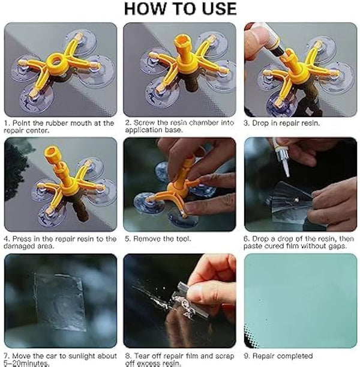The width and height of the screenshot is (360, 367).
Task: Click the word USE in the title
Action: tap(219, 8)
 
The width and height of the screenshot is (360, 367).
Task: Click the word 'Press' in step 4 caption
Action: tap(22, 238)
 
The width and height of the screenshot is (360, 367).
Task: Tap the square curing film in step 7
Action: tap(58, 302)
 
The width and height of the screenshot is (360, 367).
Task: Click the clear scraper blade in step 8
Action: tap(184, 300)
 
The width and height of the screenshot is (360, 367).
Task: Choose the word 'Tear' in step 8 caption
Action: tap(142, 356)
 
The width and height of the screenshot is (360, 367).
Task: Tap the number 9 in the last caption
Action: tap(246, 356)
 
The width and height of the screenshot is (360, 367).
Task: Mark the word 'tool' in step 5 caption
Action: tap(183, 238)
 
